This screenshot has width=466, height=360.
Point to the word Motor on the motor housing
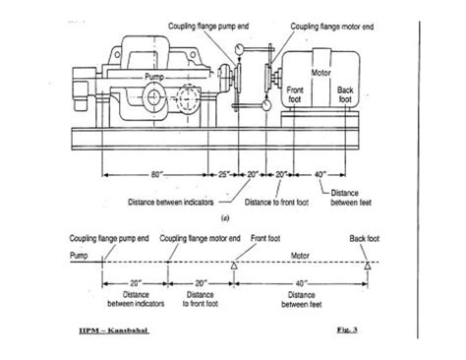tap(320, 72)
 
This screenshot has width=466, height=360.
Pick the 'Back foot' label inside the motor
tap(345, 94)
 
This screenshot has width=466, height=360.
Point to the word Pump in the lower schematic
tap(78, 254)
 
